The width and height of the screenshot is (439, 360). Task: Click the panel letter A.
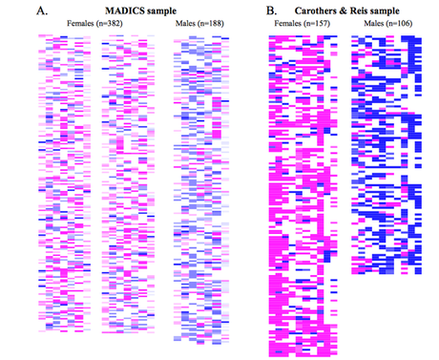click(14, 11)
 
